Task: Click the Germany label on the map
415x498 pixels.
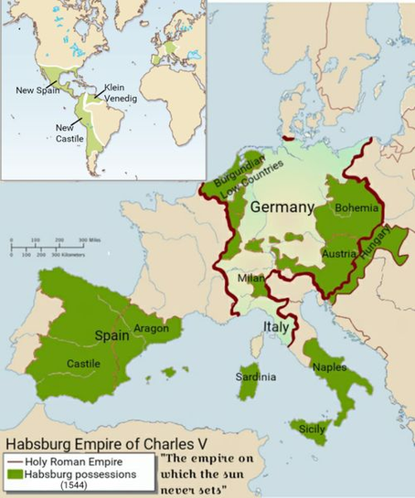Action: pos(282,207)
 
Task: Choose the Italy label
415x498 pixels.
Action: pos(277,326)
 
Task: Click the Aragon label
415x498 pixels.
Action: pos(150,328)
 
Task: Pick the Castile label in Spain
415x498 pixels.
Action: pos(83,364)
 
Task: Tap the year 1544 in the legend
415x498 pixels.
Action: pos(76,487)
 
